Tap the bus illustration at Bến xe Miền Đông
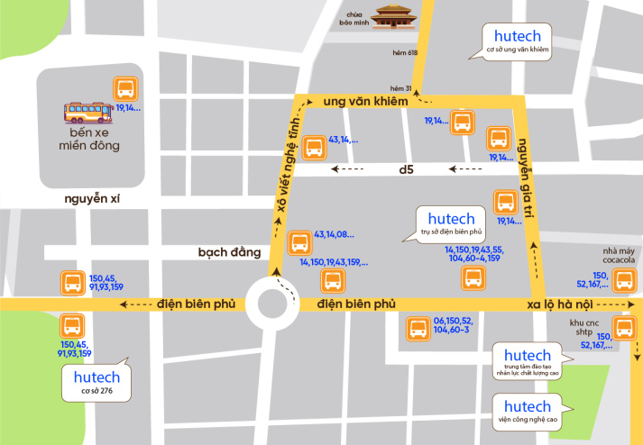(x=87, y=112)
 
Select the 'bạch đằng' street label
(x=229, y=252)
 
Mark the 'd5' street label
(x=406, y=169)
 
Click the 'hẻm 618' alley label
(x=404, y=54)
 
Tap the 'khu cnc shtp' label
(x=579, y=327)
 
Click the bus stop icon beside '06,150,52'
(x=418, y=330)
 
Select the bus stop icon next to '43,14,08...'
(x=299, y=242)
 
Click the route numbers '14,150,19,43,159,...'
(x=333, y=262)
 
